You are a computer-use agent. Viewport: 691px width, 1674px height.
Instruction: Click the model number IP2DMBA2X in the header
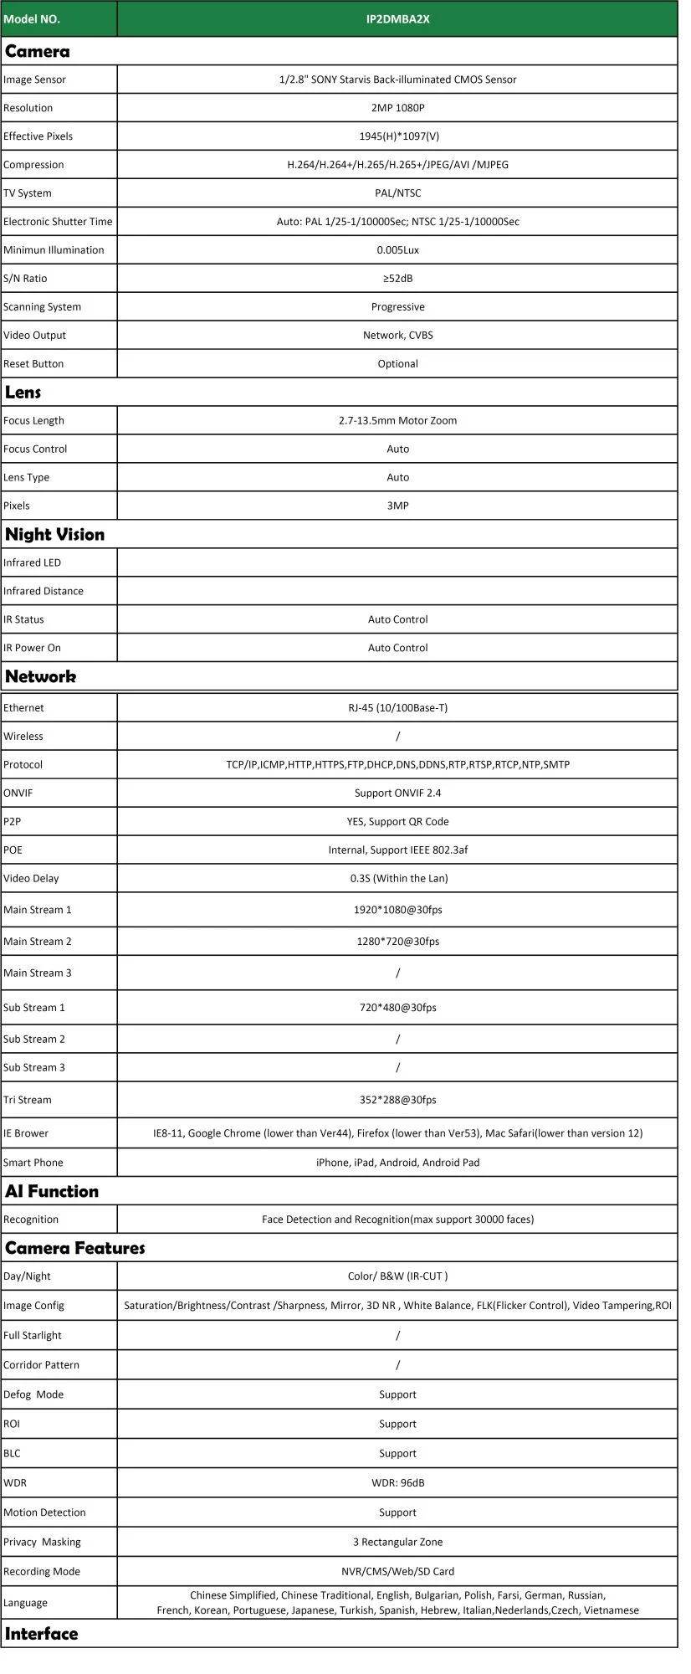(x=397, y=18)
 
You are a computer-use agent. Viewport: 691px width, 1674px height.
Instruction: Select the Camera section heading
(x=38, y=52)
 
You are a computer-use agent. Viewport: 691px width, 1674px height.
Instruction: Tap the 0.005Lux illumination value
(x=397, y=250)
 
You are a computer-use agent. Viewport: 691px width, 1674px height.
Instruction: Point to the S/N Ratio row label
(x=25, y=279)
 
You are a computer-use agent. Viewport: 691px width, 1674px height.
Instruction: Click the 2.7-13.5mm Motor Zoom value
(x=397, y=421)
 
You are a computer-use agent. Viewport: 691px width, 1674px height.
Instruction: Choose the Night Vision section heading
(x=55, y=535)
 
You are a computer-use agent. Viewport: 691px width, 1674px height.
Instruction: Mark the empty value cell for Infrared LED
(x=397, y=562)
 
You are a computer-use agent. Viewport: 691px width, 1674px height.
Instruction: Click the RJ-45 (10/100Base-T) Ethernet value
(x=397, y=708)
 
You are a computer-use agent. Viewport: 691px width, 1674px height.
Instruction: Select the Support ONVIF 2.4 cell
(x=397, y=793)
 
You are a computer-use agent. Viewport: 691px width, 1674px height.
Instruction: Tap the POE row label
(x=13, y=850)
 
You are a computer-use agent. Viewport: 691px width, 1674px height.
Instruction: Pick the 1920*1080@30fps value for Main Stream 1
(x=397, y=910)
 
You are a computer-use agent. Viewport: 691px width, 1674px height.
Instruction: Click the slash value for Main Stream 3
(x=397, y=973)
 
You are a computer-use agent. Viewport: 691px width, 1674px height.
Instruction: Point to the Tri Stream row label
(x=28, y=1101)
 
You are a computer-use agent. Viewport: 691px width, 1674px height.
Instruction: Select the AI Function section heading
(x=52, y=1192)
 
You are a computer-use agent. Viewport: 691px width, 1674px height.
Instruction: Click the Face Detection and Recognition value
(x=397, y=1220)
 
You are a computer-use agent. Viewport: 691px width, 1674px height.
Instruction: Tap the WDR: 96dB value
(x=397, y=1483)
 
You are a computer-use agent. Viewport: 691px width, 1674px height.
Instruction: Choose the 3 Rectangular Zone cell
(x=397, y=1542)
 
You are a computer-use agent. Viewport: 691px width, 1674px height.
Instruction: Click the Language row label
(x=25, y=1603)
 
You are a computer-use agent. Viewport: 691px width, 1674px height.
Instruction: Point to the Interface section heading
(x=42, y=1634)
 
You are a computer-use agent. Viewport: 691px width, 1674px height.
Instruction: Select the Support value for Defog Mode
(x=397, y=1394)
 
